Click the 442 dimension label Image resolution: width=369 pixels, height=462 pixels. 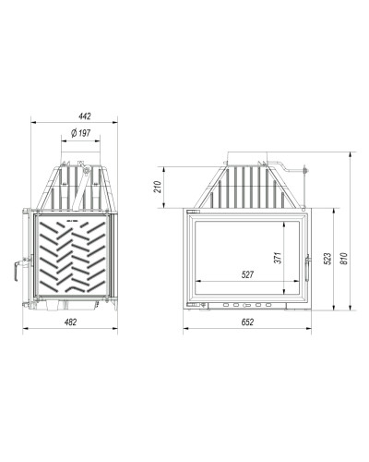pos(85,116)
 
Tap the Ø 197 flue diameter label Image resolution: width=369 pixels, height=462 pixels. pos(80,133)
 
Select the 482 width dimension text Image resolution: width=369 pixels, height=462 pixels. pos(70,322)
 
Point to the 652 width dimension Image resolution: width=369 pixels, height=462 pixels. pos(247,322)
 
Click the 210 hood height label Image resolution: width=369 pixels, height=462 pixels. pos(158,187)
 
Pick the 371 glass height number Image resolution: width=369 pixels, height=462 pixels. pos(278,258)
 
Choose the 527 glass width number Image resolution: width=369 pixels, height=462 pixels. pos(247,274)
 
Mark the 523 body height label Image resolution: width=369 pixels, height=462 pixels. pos(327,259)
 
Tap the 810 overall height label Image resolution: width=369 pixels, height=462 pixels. pos(344,258)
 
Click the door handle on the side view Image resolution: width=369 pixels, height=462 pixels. pos(16,271)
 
